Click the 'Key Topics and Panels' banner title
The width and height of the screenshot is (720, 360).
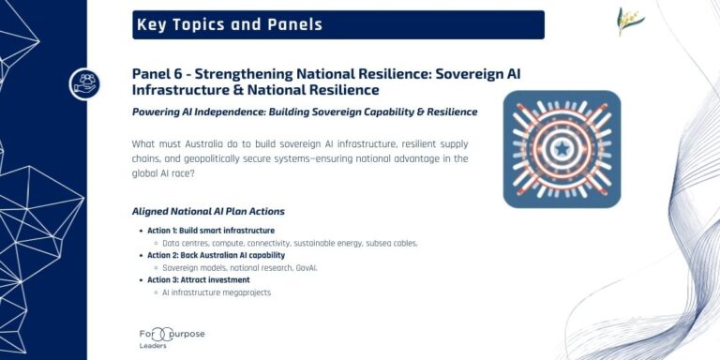click(x=230, y=24)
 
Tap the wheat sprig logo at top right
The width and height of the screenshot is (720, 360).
click(x=630, y=22)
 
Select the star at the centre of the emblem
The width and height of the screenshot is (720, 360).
click(x=562, y=148)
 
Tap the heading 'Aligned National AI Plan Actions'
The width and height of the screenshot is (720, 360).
click(x=208, y=211)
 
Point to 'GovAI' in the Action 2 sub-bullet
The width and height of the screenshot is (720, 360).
click(x=305, y=267)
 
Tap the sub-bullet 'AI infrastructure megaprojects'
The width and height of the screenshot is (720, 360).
click(x=217, y=292)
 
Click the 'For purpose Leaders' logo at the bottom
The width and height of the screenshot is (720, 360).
click(x=170, y=335)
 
